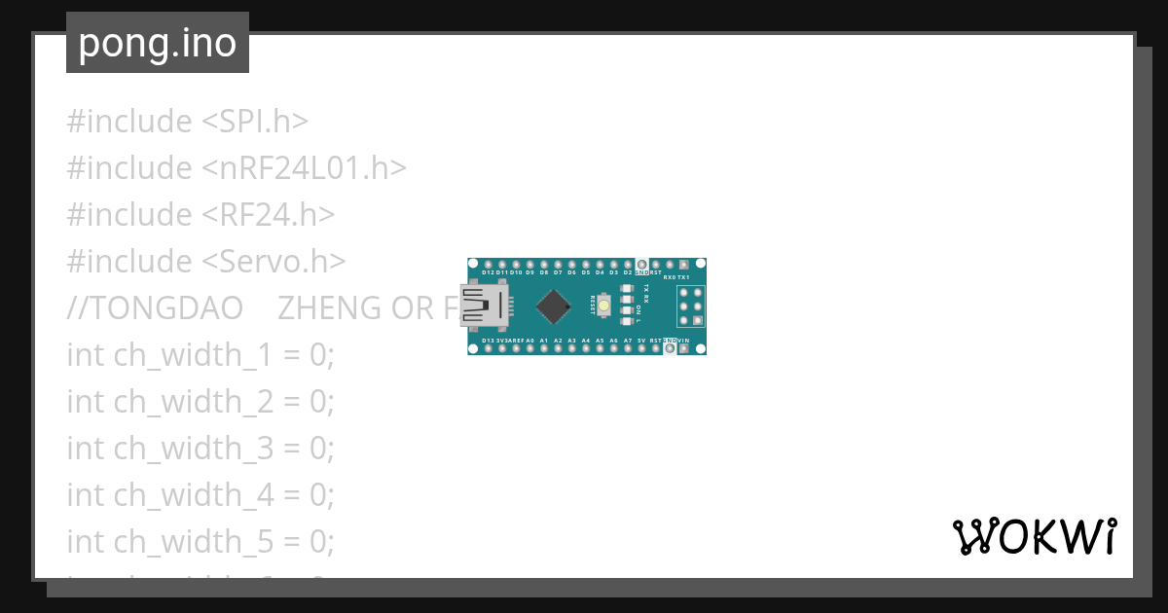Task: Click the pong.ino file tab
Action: click(x=157, y=44)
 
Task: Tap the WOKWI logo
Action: click(x=1034, y=536)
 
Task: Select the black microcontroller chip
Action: click(x=554, y=306)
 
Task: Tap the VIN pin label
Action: click(x=684, y=341)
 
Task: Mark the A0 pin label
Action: click(x=530, y=341)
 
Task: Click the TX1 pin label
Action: click(x=683, y=277)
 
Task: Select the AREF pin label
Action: click(x=516, y=341)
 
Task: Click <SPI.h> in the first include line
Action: click(x=255, y=122)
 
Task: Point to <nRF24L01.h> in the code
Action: click(x=304, y=168)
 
